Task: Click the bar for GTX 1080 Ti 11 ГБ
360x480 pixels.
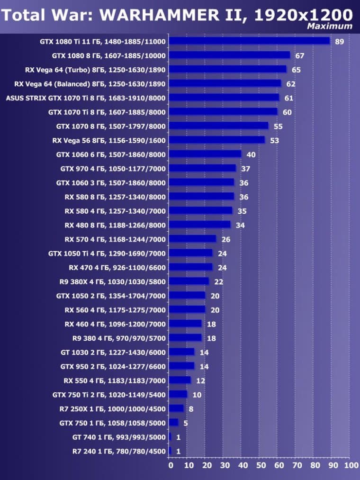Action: [249, 41]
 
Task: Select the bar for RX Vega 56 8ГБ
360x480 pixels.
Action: [216, 140]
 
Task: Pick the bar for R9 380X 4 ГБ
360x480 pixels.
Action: [189, 281]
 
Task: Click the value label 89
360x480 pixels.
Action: [339, 42]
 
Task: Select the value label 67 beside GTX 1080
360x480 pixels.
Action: [299, 56]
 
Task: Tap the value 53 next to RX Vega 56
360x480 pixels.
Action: [274, 141]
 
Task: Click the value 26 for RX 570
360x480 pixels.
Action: [225, 239]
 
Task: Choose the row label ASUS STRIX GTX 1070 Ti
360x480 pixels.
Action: [85, 98]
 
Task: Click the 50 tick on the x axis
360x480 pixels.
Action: [261, 465]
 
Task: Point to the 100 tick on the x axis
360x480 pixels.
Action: [351, 465]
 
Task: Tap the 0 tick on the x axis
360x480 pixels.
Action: [171, 465]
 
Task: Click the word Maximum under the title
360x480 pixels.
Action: [329, 26]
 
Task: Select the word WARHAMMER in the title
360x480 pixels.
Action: [153, 15]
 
